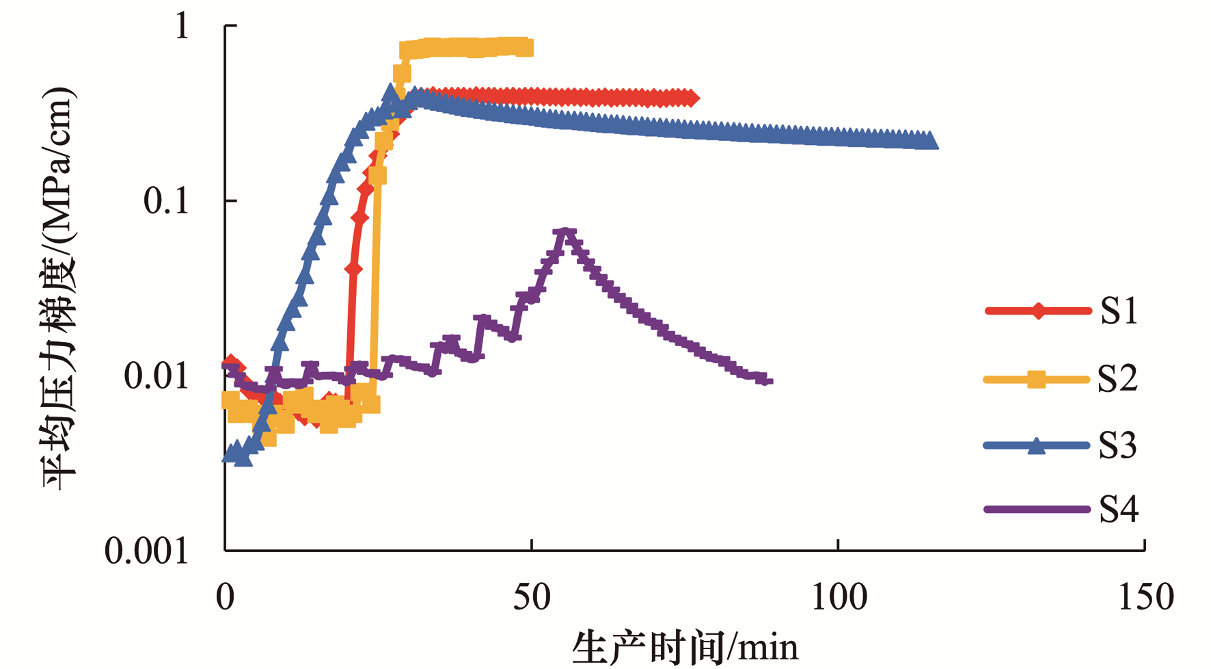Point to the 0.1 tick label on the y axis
pos(165,201)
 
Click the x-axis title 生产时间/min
pos(685,647)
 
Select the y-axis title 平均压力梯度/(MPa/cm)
pos(58,288)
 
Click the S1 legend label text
pos(1119,311)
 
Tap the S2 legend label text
pos(1118,378)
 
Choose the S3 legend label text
pos(1118,445)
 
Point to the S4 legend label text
pos(1119,509)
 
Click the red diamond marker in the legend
pos(1038,311)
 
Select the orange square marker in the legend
pos(1037,379)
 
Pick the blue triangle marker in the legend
pos(1037,445)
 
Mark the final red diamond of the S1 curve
pos(692,99)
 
